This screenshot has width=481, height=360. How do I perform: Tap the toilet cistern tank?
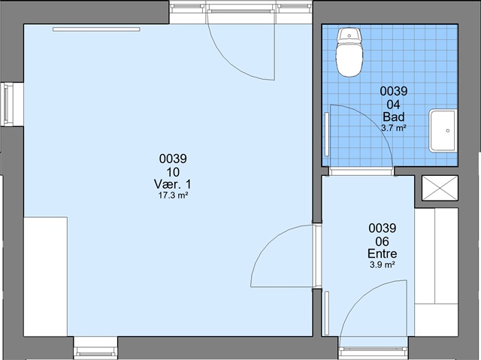point(349,35)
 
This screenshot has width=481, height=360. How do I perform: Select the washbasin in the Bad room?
point(443,130)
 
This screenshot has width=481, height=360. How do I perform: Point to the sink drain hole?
point(448,131)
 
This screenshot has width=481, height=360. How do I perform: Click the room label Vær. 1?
point(172,184)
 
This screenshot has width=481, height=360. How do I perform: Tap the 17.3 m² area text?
point(173,195)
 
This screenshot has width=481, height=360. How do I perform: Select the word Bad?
point(394,116)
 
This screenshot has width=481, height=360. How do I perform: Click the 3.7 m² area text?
point(394,128)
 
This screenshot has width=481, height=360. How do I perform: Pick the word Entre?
point(383,253)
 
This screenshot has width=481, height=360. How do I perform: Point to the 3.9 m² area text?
point(383,265)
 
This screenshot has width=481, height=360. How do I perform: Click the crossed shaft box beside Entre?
point(440,188)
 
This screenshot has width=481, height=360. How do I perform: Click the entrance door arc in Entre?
point(359,295)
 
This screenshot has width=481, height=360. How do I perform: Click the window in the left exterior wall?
point(8,104)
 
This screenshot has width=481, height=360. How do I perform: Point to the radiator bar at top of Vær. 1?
point(96,29)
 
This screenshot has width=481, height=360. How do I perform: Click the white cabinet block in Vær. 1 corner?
point(46,277)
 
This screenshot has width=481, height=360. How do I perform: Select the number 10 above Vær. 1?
point(173,172)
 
